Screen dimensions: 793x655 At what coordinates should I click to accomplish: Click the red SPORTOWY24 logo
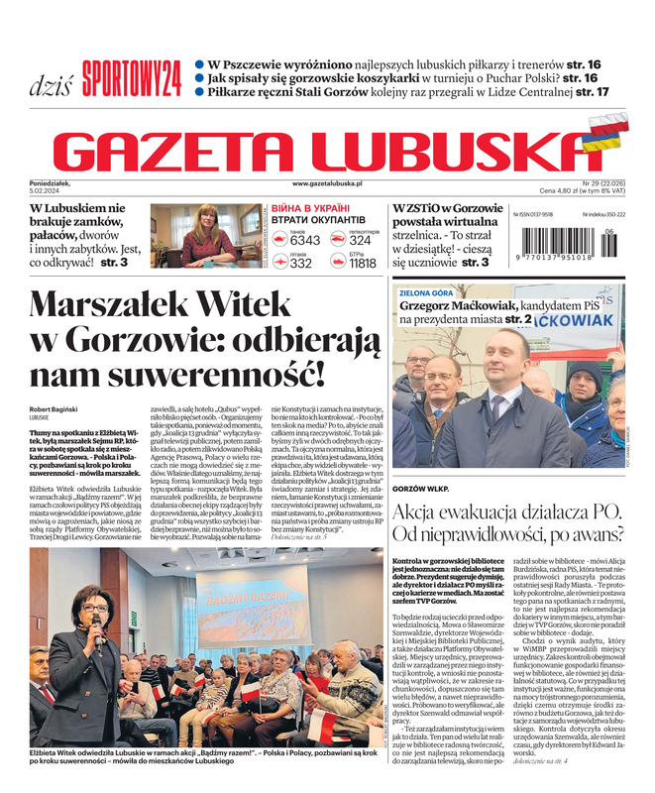132,77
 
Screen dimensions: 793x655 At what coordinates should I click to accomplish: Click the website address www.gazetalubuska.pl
327,184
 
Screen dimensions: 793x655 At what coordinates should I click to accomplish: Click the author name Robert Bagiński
58,408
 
